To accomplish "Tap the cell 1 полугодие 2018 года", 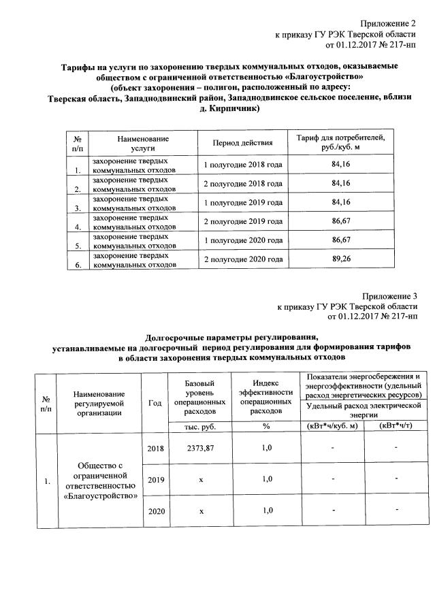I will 243,164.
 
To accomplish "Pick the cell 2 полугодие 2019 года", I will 243,221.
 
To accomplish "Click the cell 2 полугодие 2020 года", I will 243,259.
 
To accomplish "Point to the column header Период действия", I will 243,143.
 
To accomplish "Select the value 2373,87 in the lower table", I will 200,447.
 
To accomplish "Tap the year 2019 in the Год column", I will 156,479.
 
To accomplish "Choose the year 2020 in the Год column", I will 156,510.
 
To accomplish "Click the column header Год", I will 155,402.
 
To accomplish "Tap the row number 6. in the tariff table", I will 78,265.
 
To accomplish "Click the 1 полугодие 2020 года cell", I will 243,240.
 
